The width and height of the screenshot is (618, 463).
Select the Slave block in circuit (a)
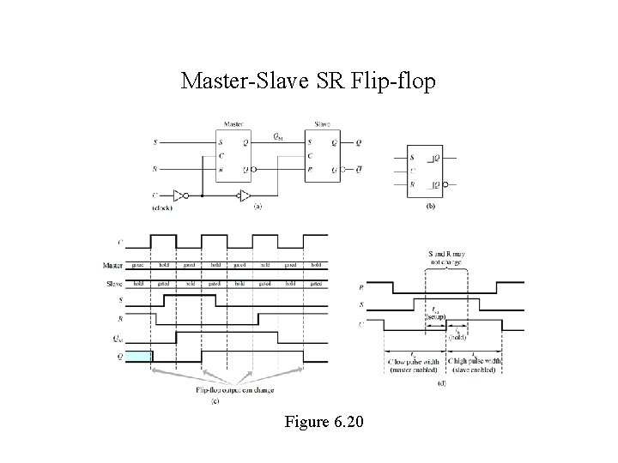click(x=323, y=155)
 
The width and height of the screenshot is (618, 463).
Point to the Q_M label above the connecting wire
click(x=279, y=135)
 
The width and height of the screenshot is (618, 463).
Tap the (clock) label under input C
click(x=161, y=207)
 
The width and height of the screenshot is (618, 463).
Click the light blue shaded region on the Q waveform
click(x=138, y=355)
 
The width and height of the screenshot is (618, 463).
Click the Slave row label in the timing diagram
click(x=113, y=283)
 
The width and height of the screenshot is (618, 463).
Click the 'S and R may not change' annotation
click(x=448, y=257)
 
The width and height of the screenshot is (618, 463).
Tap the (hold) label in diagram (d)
click(x=457, y=337)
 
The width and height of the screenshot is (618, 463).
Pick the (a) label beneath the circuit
click(x=257, y=207)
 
